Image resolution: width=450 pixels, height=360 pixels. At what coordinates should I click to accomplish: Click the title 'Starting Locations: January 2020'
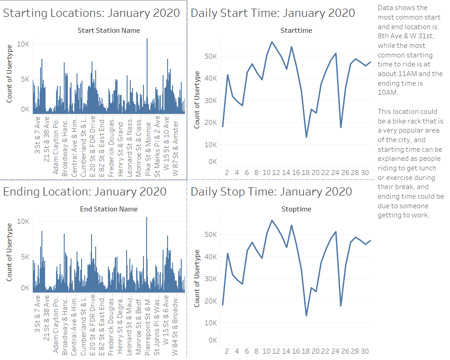click(x=92, y=13)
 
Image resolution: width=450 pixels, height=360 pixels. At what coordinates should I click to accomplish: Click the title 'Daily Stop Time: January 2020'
click(x=271, y=191)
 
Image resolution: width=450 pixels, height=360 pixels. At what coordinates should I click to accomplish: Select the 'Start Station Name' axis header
click(x=109, y=31)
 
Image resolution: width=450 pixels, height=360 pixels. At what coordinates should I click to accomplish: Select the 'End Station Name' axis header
click(x=109, y=209)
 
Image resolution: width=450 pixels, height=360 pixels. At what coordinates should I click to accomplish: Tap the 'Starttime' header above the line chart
click(x=296, y=31)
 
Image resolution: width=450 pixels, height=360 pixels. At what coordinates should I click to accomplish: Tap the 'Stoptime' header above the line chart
click(x=296, y=209)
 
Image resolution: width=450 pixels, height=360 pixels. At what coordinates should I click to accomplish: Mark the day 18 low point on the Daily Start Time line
click(x=306, y=137)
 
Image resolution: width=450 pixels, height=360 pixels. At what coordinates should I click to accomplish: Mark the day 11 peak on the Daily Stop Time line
click(x=272, y=221)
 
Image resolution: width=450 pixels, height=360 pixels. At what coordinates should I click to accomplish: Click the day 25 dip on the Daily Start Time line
click(x=341, y=127)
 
